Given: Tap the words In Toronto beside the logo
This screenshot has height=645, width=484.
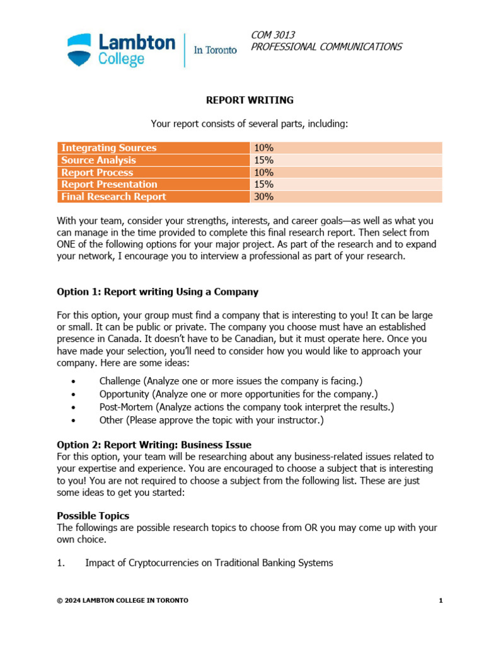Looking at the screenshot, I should (x=215, y=50).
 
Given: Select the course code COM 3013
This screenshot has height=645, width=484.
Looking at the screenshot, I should (x=273, y=35).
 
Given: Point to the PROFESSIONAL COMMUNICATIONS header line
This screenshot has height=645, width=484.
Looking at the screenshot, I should (x=326, y=47).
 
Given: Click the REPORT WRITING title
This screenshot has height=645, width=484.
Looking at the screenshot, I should (x=250, y=100).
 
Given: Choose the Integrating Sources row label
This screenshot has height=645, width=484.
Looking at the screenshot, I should (x=108, y=148).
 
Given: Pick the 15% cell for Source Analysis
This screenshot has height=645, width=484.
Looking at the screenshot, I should (x=263, y=160).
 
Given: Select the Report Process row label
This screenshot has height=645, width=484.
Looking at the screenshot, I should (x=97, y=173).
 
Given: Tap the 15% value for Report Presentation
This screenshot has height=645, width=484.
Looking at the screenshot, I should (x=263, y=185).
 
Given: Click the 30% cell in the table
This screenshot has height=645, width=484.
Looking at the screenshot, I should (x=263, y=197).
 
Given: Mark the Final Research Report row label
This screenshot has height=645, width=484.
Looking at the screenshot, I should (x=113, y=197).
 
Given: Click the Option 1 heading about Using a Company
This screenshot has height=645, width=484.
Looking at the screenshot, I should (x=158, y=292).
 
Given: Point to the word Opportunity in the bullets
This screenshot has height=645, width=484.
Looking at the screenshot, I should (x=124, y=394).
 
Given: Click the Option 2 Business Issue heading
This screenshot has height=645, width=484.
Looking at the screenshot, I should (x=154, y=445).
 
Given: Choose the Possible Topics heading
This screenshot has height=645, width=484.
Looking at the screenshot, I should (x=93, y=516).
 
